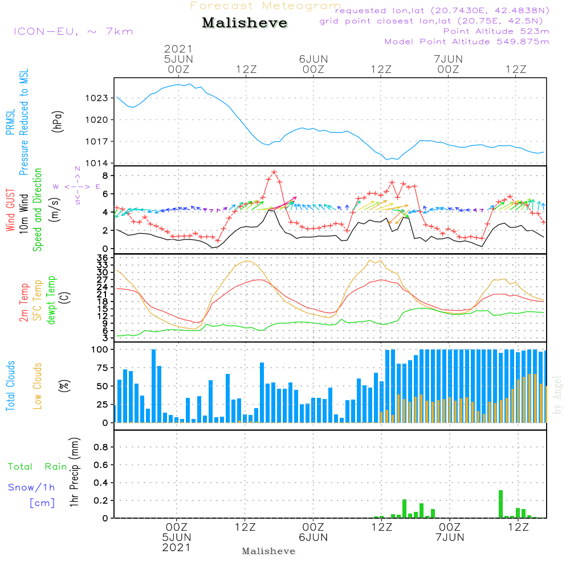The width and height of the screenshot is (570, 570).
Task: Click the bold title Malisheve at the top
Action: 245,23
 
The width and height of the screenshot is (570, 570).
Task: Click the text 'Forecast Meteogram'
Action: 266,6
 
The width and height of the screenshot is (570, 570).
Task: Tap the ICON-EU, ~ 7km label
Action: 73,31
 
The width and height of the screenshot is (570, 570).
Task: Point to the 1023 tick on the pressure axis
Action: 97,98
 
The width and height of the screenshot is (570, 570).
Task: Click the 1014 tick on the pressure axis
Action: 97,163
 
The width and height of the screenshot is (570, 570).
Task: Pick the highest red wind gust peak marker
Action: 274,172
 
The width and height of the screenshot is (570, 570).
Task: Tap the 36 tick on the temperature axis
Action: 103,258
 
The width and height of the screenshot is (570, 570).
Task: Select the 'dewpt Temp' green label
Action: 52,300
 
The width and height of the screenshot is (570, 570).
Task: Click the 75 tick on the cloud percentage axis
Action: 100,368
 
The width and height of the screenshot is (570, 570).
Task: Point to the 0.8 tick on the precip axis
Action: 100,447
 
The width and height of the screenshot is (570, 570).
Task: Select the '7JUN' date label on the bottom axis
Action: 450,538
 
